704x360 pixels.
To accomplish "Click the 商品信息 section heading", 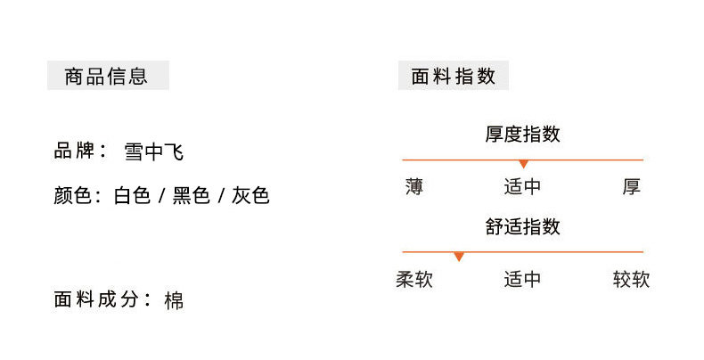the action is click(106, 76).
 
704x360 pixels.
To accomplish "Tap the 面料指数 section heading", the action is click(453, 76).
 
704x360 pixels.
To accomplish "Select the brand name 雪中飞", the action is click(154, 151).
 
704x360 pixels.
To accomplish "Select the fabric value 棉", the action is click(175, 300).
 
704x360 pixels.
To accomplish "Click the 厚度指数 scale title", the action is click(523, 135).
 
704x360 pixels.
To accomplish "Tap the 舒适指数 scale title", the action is click(523, 227).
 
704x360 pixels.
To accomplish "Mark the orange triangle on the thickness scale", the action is click(524, 164).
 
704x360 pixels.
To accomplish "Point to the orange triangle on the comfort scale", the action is click(459, 257).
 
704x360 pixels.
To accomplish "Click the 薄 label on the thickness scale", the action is click(414, 187).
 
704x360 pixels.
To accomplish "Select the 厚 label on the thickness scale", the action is click(632, 187).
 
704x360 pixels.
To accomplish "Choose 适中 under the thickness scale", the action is click(523, 187).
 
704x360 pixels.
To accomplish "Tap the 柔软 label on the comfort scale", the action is click(414, 280).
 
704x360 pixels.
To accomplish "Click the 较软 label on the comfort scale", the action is click(632, 280).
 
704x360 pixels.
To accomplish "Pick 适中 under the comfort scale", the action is click(523, 280).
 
